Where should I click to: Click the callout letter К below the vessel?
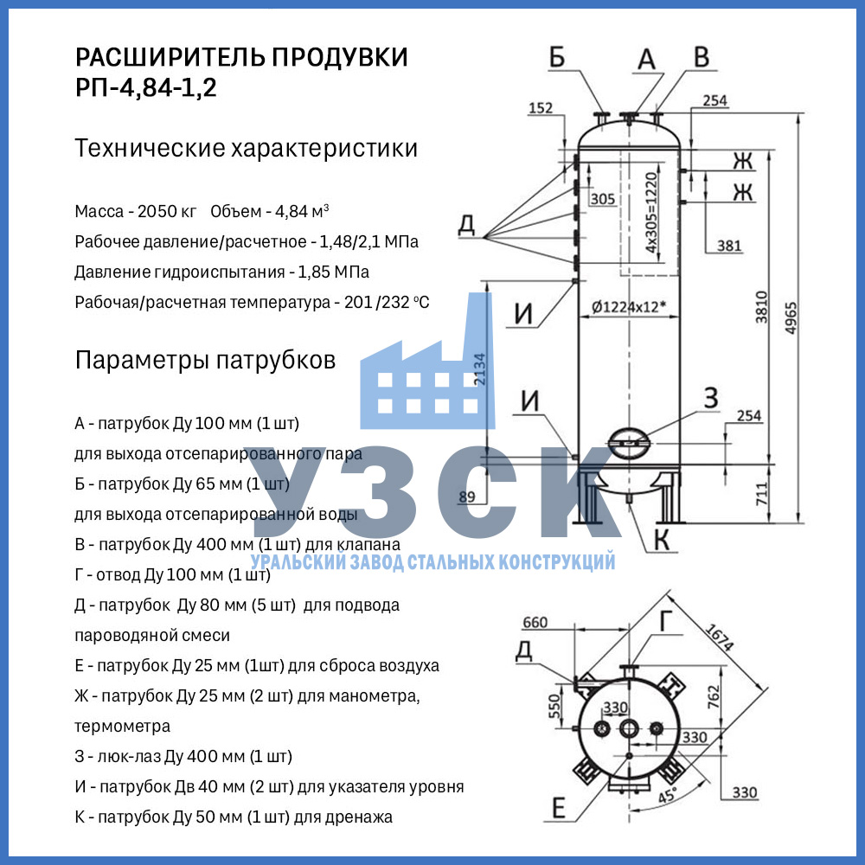(661, 540)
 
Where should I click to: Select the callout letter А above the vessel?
(647, 59)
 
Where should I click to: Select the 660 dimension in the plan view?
(536, 623)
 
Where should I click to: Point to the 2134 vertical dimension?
(479, 370)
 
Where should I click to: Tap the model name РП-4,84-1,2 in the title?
(146, 88)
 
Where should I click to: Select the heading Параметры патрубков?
(205, 360)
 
